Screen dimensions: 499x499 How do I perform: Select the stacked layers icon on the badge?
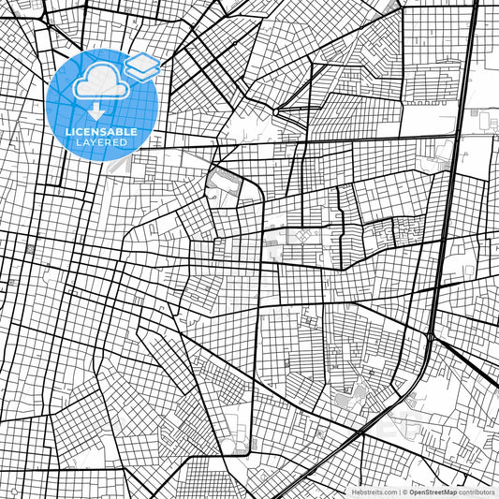pos(142,66)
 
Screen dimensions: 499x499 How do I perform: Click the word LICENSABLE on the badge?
pos(100,132)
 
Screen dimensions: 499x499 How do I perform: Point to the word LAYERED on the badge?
pos(100,142)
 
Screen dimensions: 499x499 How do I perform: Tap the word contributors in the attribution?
pos(477,492)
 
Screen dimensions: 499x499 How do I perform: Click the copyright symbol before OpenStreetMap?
pos(404,492)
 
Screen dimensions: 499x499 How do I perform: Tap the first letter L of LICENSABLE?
pos(66,132)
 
